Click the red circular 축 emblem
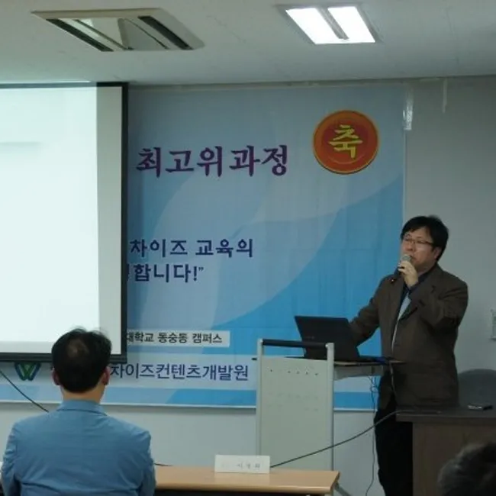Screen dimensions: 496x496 click(346, 142)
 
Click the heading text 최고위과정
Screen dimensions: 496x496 click(212, 160)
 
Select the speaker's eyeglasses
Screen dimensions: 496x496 click(418, 242)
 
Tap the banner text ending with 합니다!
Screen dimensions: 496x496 click(172, 272)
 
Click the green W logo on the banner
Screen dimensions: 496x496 click(27, 371)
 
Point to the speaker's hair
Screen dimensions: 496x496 click(424, 226)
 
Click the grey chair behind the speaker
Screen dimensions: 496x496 click(478, 386)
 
